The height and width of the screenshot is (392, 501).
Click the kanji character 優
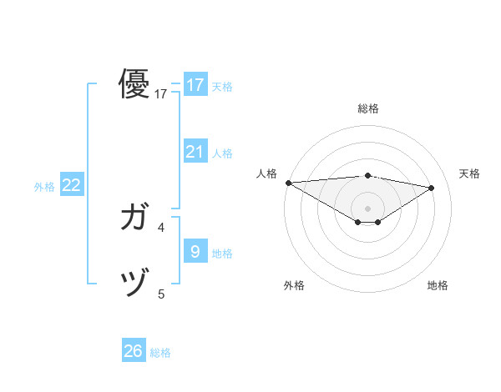click(x=134, y=84)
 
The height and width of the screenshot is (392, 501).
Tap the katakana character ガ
click(x=134, y=218)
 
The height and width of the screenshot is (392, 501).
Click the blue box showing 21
click(x=195, y=151)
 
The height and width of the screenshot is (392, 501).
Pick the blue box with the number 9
click(x=195, y=251)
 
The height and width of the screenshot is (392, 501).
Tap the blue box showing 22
click(x=71, y=185)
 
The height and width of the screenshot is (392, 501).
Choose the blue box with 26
click(x=134, y=351)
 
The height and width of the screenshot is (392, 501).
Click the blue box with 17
click(x=195, y=84)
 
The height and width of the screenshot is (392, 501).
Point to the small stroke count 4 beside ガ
click(x=161, y=227)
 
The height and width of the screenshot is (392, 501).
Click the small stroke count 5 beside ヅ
click(x=161, y=294)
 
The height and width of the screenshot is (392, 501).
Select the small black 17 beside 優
click(x=161, y=94)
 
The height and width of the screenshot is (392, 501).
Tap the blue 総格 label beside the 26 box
click(x=160, y=353)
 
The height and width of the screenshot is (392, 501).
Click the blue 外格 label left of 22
click(x=44, y=187)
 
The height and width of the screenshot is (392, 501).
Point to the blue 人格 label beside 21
click(x=222, y=153)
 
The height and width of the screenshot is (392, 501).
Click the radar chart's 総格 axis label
click(x=367, y=108)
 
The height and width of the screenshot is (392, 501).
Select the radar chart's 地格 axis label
click(x=438, y=285)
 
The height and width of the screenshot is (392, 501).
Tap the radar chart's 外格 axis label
click(x=294, y=285)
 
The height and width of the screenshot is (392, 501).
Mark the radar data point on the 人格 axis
click(x=288, y=182)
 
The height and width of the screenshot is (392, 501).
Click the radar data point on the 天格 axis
click(x=432, y=187)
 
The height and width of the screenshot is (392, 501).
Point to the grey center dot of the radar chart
click(x=367, y=208)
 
